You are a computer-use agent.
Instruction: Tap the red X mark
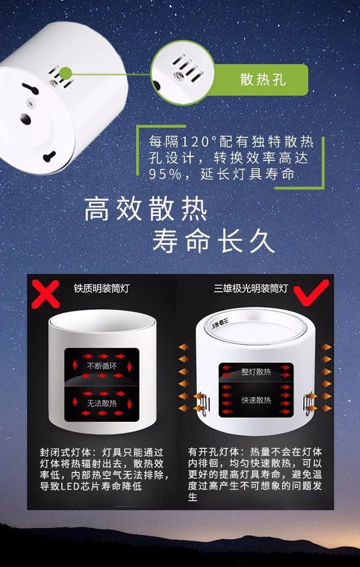[x=45, y=294]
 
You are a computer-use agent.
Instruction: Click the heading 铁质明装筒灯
[x=101, y=288]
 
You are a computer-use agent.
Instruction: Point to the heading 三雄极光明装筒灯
[x=251, y=288]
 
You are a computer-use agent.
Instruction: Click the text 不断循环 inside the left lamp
[x=102, y=366]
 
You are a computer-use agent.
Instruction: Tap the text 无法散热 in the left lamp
[x=102, y=403]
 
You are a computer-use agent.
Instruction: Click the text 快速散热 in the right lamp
[x=256, y=400]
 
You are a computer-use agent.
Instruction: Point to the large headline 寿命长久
[x=213, y=241]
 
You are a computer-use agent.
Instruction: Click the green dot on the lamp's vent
[x=65, y=73]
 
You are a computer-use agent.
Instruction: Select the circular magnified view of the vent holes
[x=182, y=73]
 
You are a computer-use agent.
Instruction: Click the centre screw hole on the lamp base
[x=31, y=102]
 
